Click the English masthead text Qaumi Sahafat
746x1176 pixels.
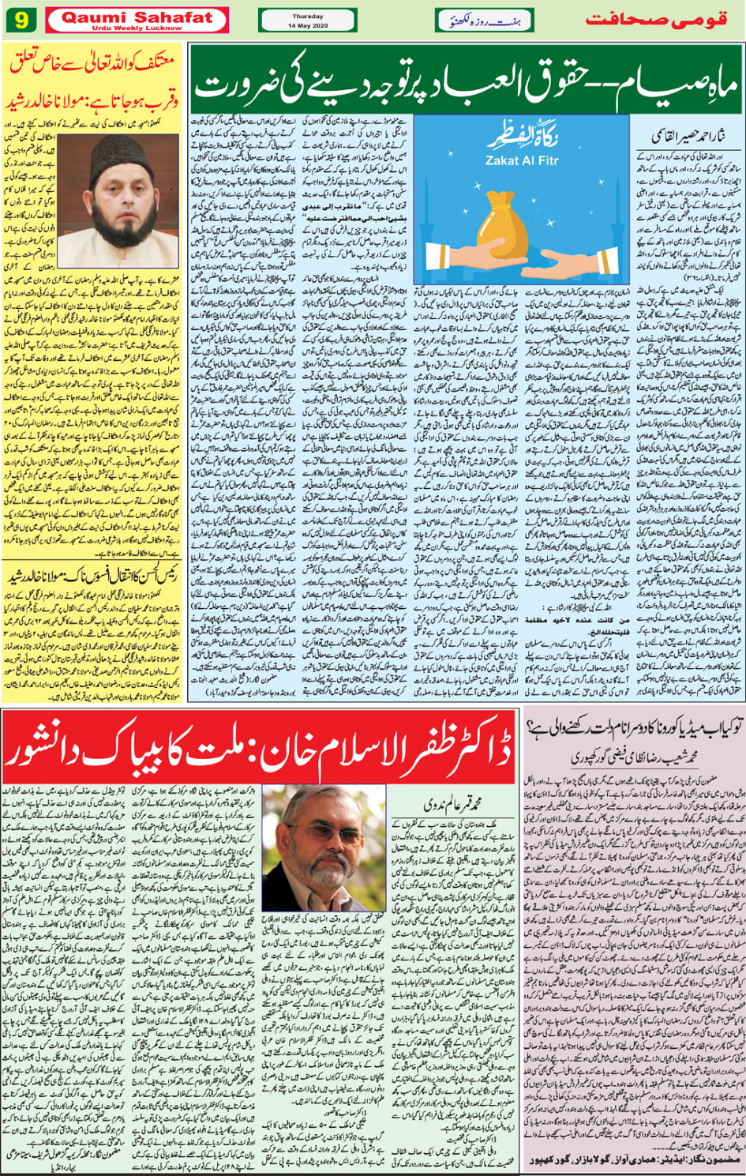click(137, 17)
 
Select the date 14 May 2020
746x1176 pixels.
click(307, 25)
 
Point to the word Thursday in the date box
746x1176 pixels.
click(307, 16)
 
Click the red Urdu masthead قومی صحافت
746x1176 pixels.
click(655, 20)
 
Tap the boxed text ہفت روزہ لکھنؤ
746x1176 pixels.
click(484, 20)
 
